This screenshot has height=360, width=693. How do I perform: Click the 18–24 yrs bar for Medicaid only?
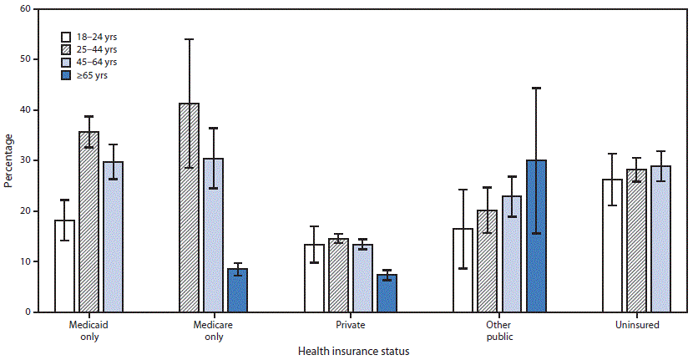pos(64,266)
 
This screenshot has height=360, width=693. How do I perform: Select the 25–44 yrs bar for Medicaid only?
pos(89,222)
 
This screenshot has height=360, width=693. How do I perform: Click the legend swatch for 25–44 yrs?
pos(67,49)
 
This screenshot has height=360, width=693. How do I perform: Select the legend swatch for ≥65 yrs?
pos(67,75)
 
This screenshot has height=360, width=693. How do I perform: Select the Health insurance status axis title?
pos(354,351)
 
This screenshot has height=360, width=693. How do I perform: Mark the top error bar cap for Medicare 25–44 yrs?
pos(189,39)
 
